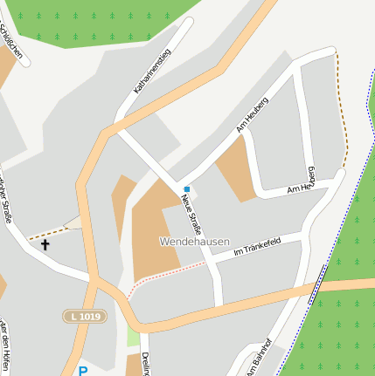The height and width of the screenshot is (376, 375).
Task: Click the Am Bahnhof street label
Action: (x=259, y=358)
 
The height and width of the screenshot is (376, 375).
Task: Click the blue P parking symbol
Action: (x=83, y=371)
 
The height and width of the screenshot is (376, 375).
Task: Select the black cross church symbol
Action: (x=45, y=245)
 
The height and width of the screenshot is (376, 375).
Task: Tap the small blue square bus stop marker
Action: (x=186, y=188)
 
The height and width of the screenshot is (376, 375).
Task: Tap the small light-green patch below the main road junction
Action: (x=133, y=337)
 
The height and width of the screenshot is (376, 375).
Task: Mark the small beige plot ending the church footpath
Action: (x=74, y=222)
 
